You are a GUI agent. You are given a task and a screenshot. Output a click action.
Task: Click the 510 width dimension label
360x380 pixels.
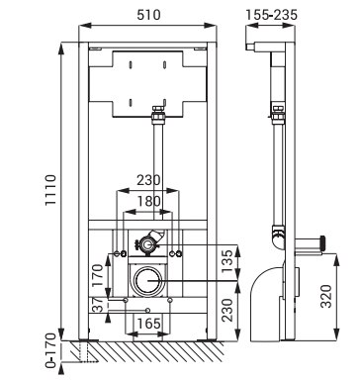click(148, 15)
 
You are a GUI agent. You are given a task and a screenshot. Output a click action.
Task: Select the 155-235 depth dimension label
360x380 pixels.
click(271, 15)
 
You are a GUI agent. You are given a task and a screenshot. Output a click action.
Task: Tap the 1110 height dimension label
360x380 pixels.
click(51, 190)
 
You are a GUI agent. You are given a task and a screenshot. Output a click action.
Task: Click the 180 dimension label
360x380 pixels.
click(149, 201)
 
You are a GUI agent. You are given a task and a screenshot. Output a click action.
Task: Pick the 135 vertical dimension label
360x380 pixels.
click(227, 261)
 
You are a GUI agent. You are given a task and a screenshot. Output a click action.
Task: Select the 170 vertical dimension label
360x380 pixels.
click(98, 275)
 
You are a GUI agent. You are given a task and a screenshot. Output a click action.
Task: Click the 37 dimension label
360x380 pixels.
click(98, 305)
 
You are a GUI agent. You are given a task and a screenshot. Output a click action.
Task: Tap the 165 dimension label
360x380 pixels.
click(148, 324)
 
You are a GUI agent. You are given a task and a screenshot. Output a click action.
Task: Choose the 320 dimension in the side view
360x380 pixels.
click(326, 296)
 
